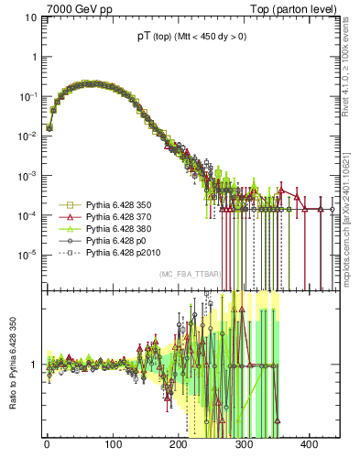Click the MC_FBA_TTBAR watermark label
[191, 275]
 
